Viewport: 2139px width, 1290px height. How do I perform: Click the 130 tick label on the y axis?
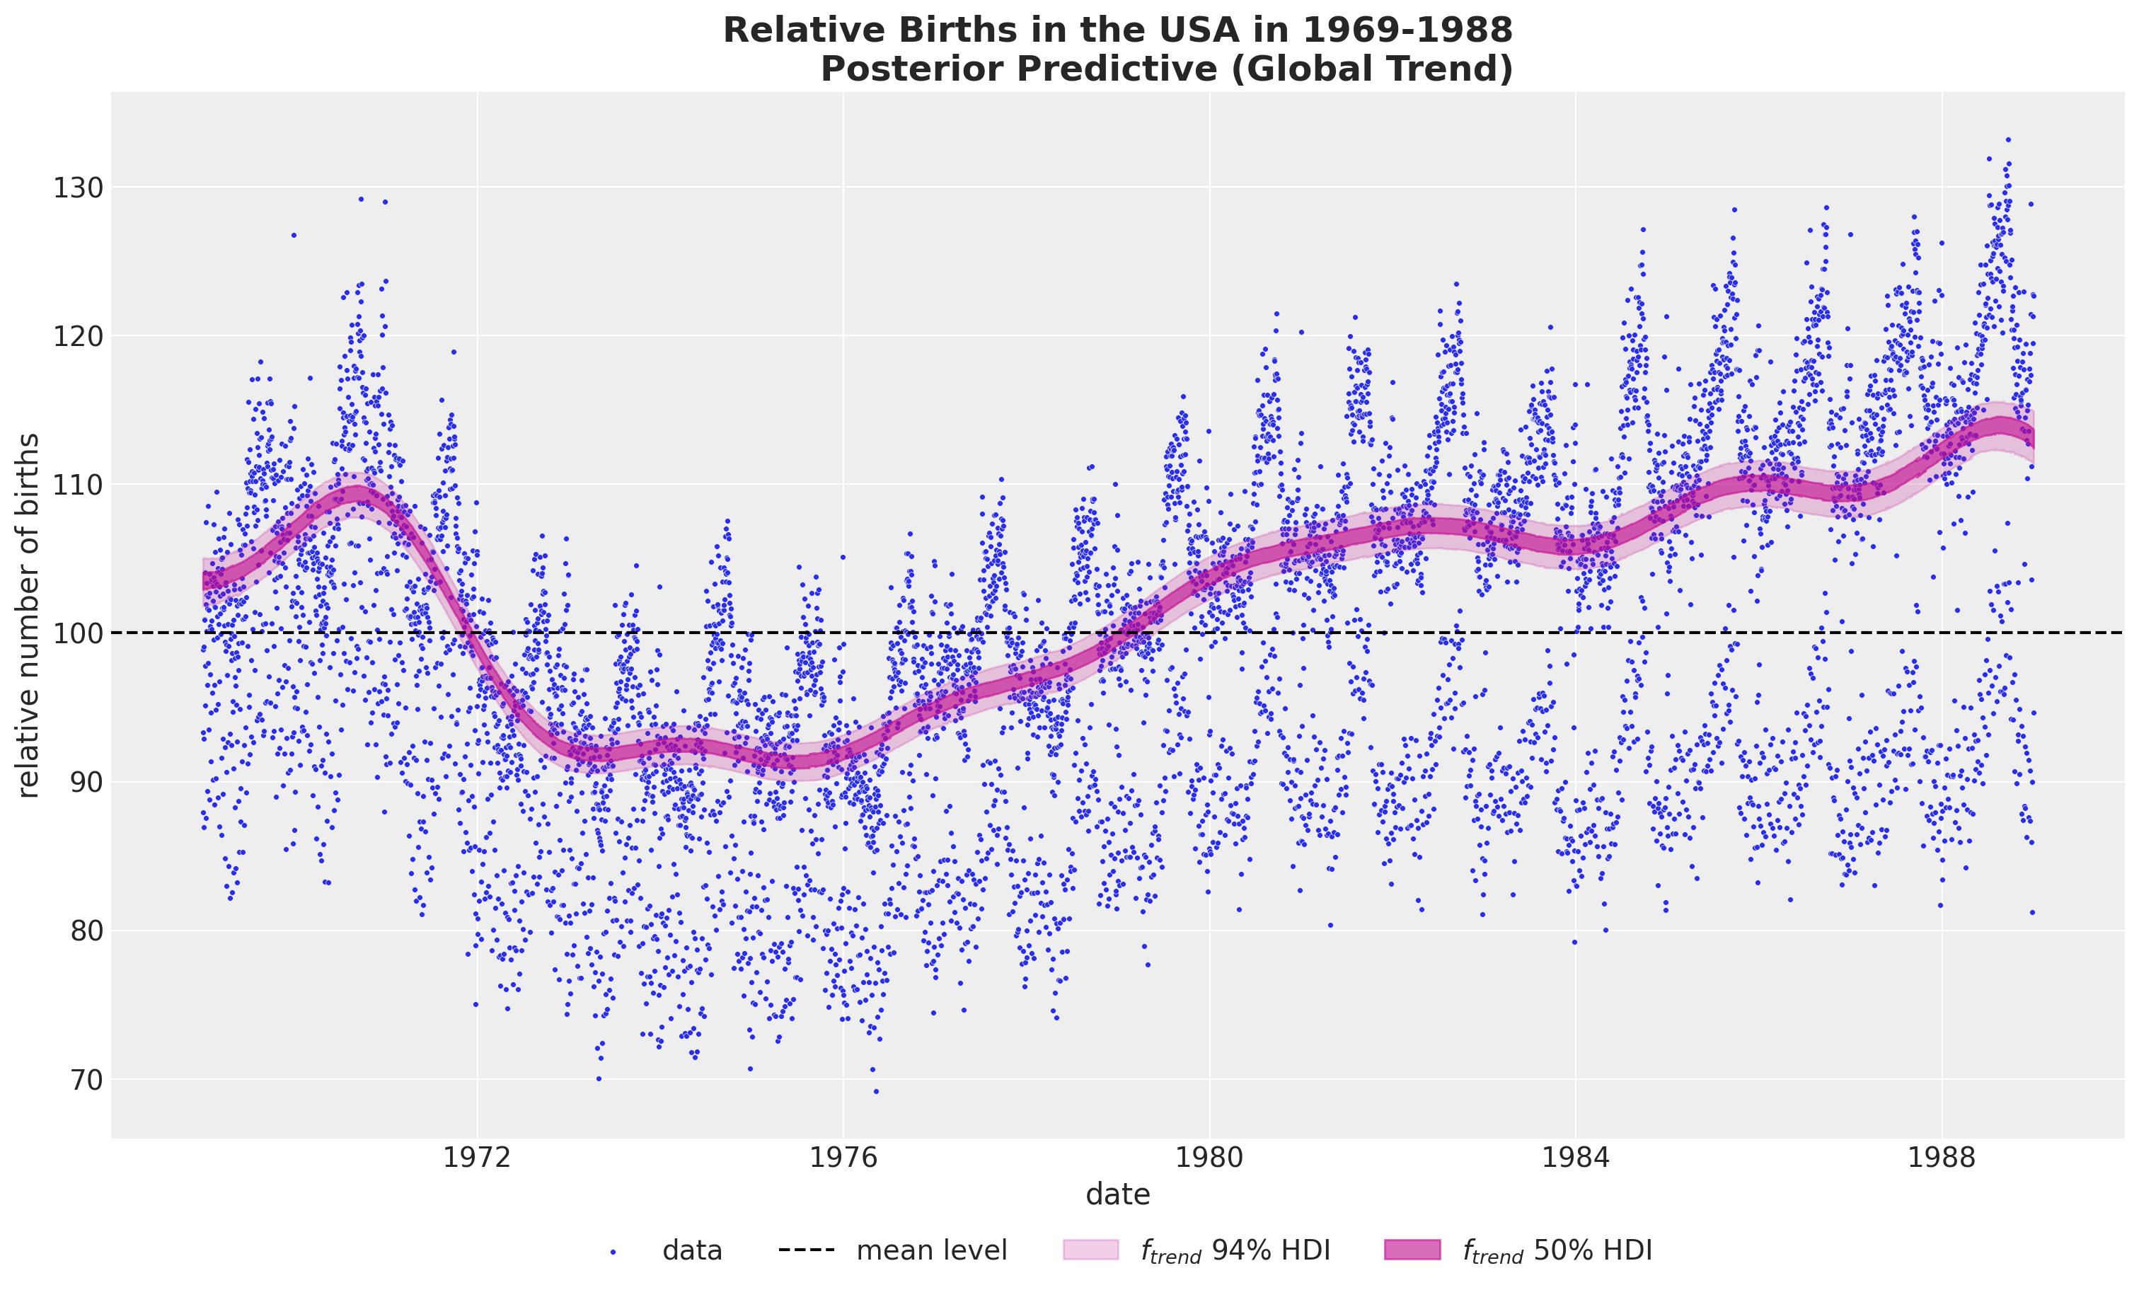tap(78, 188)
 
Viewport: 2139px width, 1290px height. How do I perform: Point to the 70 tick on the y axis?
tap(78, 1080)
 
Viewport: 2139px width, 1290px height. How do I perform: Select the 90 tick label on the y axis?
tap(78, 782)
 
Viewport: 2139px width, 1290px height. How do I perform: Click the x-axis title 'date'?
tap(1117, 1194)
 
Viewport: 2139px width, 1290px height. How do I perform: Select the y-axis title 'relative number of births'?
tap(28, 615)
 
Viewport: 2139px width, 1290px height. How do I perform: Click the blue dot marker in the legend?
tap(613, 1252)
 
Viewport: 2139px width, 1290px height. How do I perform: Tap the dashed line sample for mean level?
tap(807, 1250)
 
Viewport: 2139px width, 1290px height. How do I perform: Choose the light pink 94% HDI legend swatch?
tap(1090, 1250)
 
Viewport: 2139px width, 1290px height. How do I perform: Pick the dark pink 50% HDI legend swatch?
tap(1412, 1250)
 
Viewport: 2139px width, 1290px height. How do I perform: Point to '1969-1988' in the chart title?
tap(1407, 30)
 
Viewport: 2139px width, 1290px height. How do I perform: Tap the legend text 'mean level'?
tap(931, 1251)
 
